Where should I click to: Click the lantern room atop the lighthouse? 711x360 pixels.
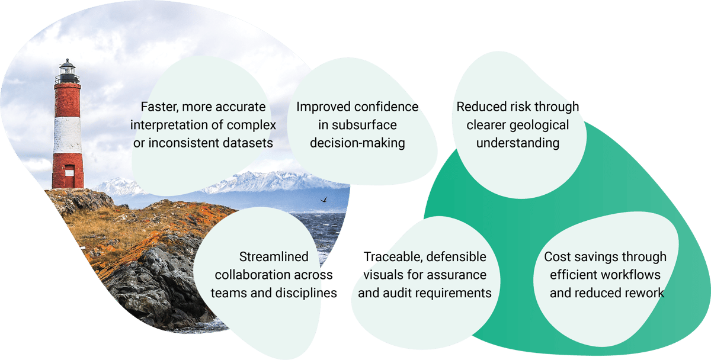pos(68,71)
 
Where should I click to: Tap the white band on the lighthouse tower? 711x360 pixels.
pos(68,136)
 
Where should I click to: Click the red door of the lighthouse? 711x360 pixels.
pos(69,176)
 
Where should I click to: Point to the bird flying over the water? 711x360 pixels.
pos(324,200)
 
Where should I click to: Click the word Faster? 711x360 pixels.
pos(159,107)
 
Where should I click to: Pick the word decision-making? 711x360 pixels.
pos(357,143)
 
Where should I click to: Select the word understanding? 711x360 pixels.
pos(518,143)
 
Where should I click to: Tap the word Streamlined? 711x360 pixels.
pos(274,257)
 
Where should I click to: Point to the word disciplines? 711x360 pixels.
pos(306,293)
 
